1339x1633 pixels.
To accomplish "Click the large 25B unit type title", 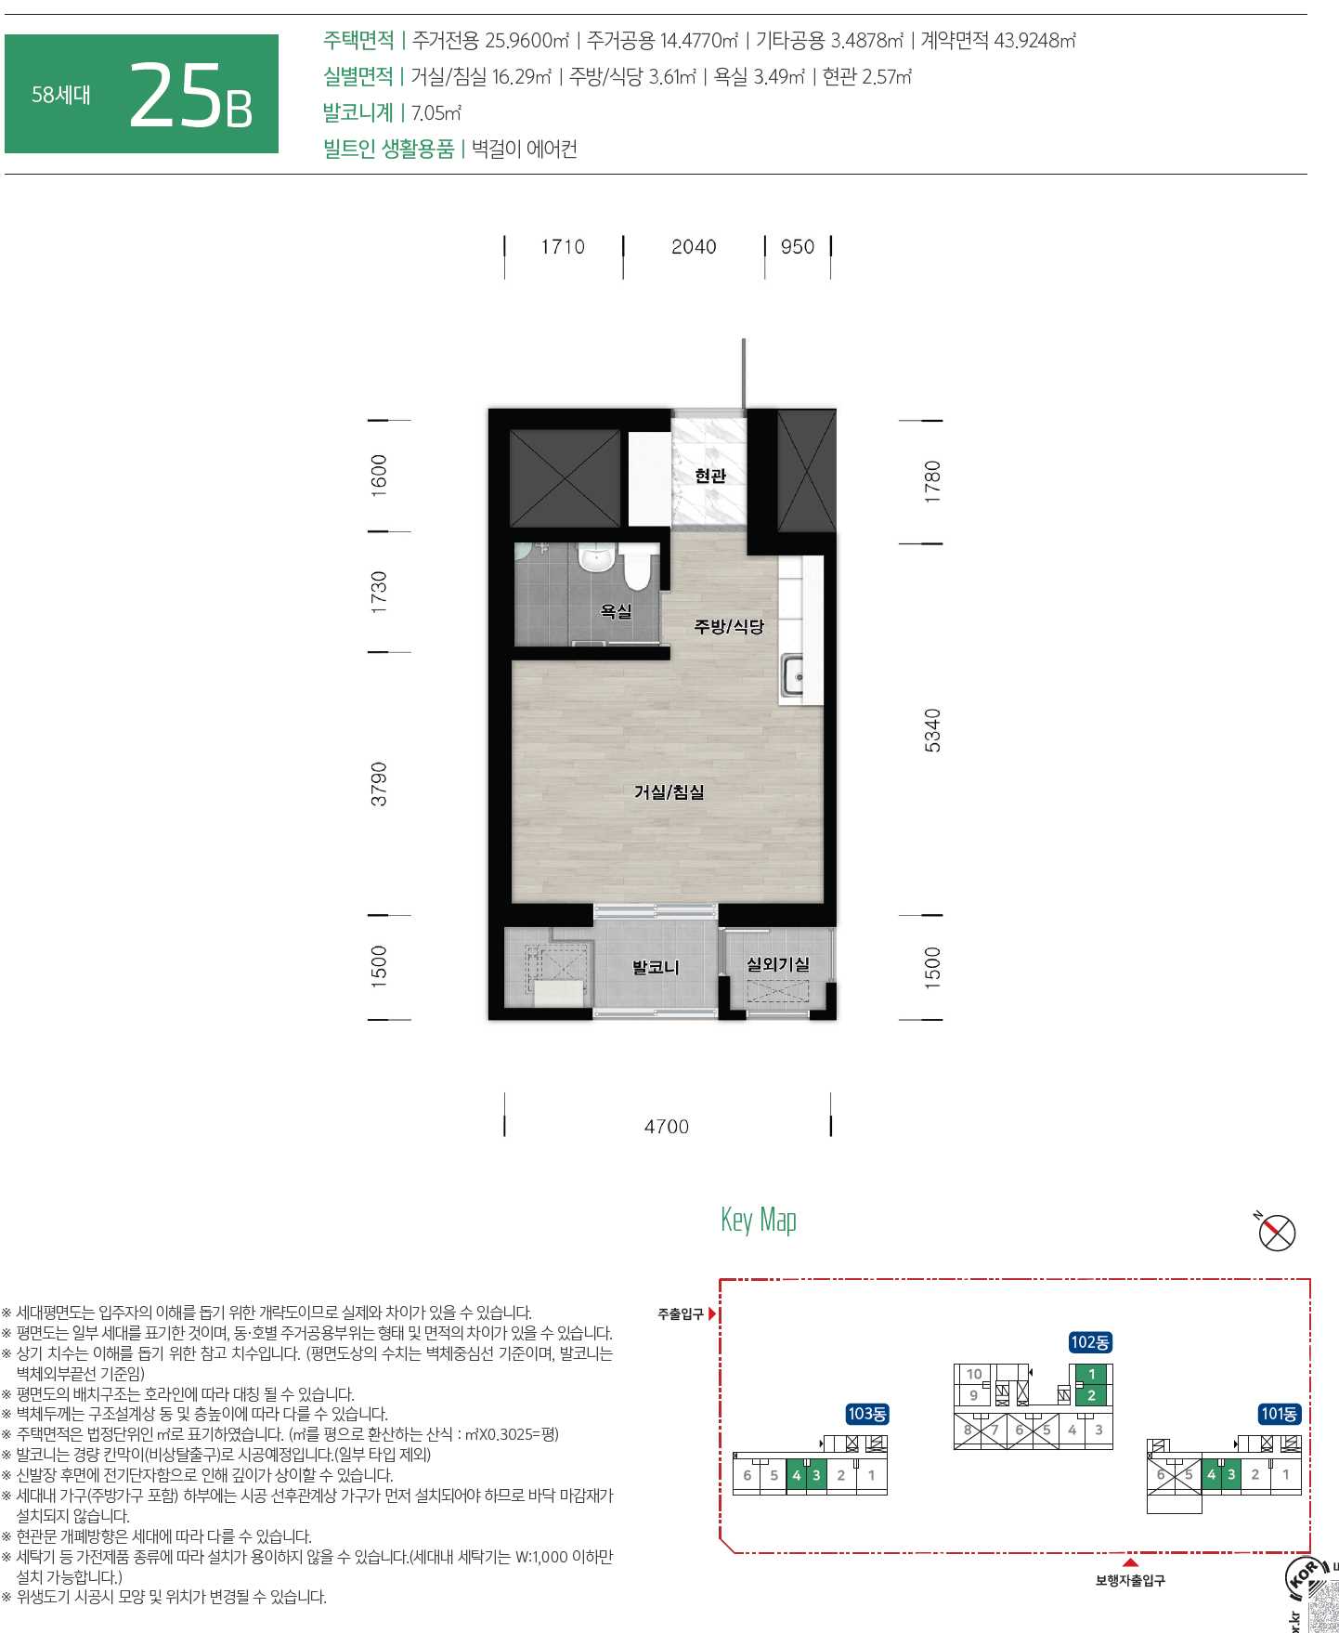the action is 190,96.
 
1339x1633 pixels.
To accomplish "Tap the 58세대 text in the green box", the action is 61,95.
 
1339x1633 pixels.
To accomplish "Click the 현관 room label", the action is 710,476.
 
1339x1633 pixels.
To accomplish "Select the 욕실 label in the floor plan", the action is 616,611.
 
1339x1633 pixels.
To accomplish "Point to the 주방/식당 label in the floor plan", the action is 729,626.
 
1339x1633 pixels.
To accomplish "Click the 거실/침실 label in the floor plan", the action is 669,792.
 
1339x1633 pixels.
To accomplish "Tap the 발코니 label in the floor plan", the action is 656,967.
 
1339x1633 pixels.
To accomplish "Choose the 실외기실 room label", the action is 778,964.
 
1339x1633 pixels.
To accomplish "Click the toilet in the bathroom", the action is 637,566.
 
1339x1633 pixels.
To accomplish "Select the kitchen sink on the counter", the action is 792,675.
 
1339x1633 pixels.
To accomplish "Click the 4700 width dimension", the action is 667,1127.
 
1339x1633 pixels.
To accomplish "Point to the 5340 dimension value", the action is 932,730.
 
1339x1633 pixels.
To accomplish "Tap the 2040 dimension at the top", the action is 694,247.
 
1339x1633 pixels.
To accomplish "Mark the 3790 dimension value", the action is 379,784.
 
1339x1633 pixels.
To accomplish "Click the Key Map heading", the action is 759,1220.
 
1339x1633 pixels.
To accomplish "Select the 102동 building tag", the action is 1090,1342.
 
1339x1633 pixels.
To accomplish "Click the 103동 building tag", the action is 867,1414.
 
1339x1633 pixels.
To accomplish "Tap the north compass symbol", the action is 1277,1233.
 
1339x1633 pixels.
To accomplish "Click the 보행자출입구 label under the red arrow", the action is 1130,1580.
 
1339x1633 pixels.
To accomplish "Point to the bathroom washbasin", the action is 595,558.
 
